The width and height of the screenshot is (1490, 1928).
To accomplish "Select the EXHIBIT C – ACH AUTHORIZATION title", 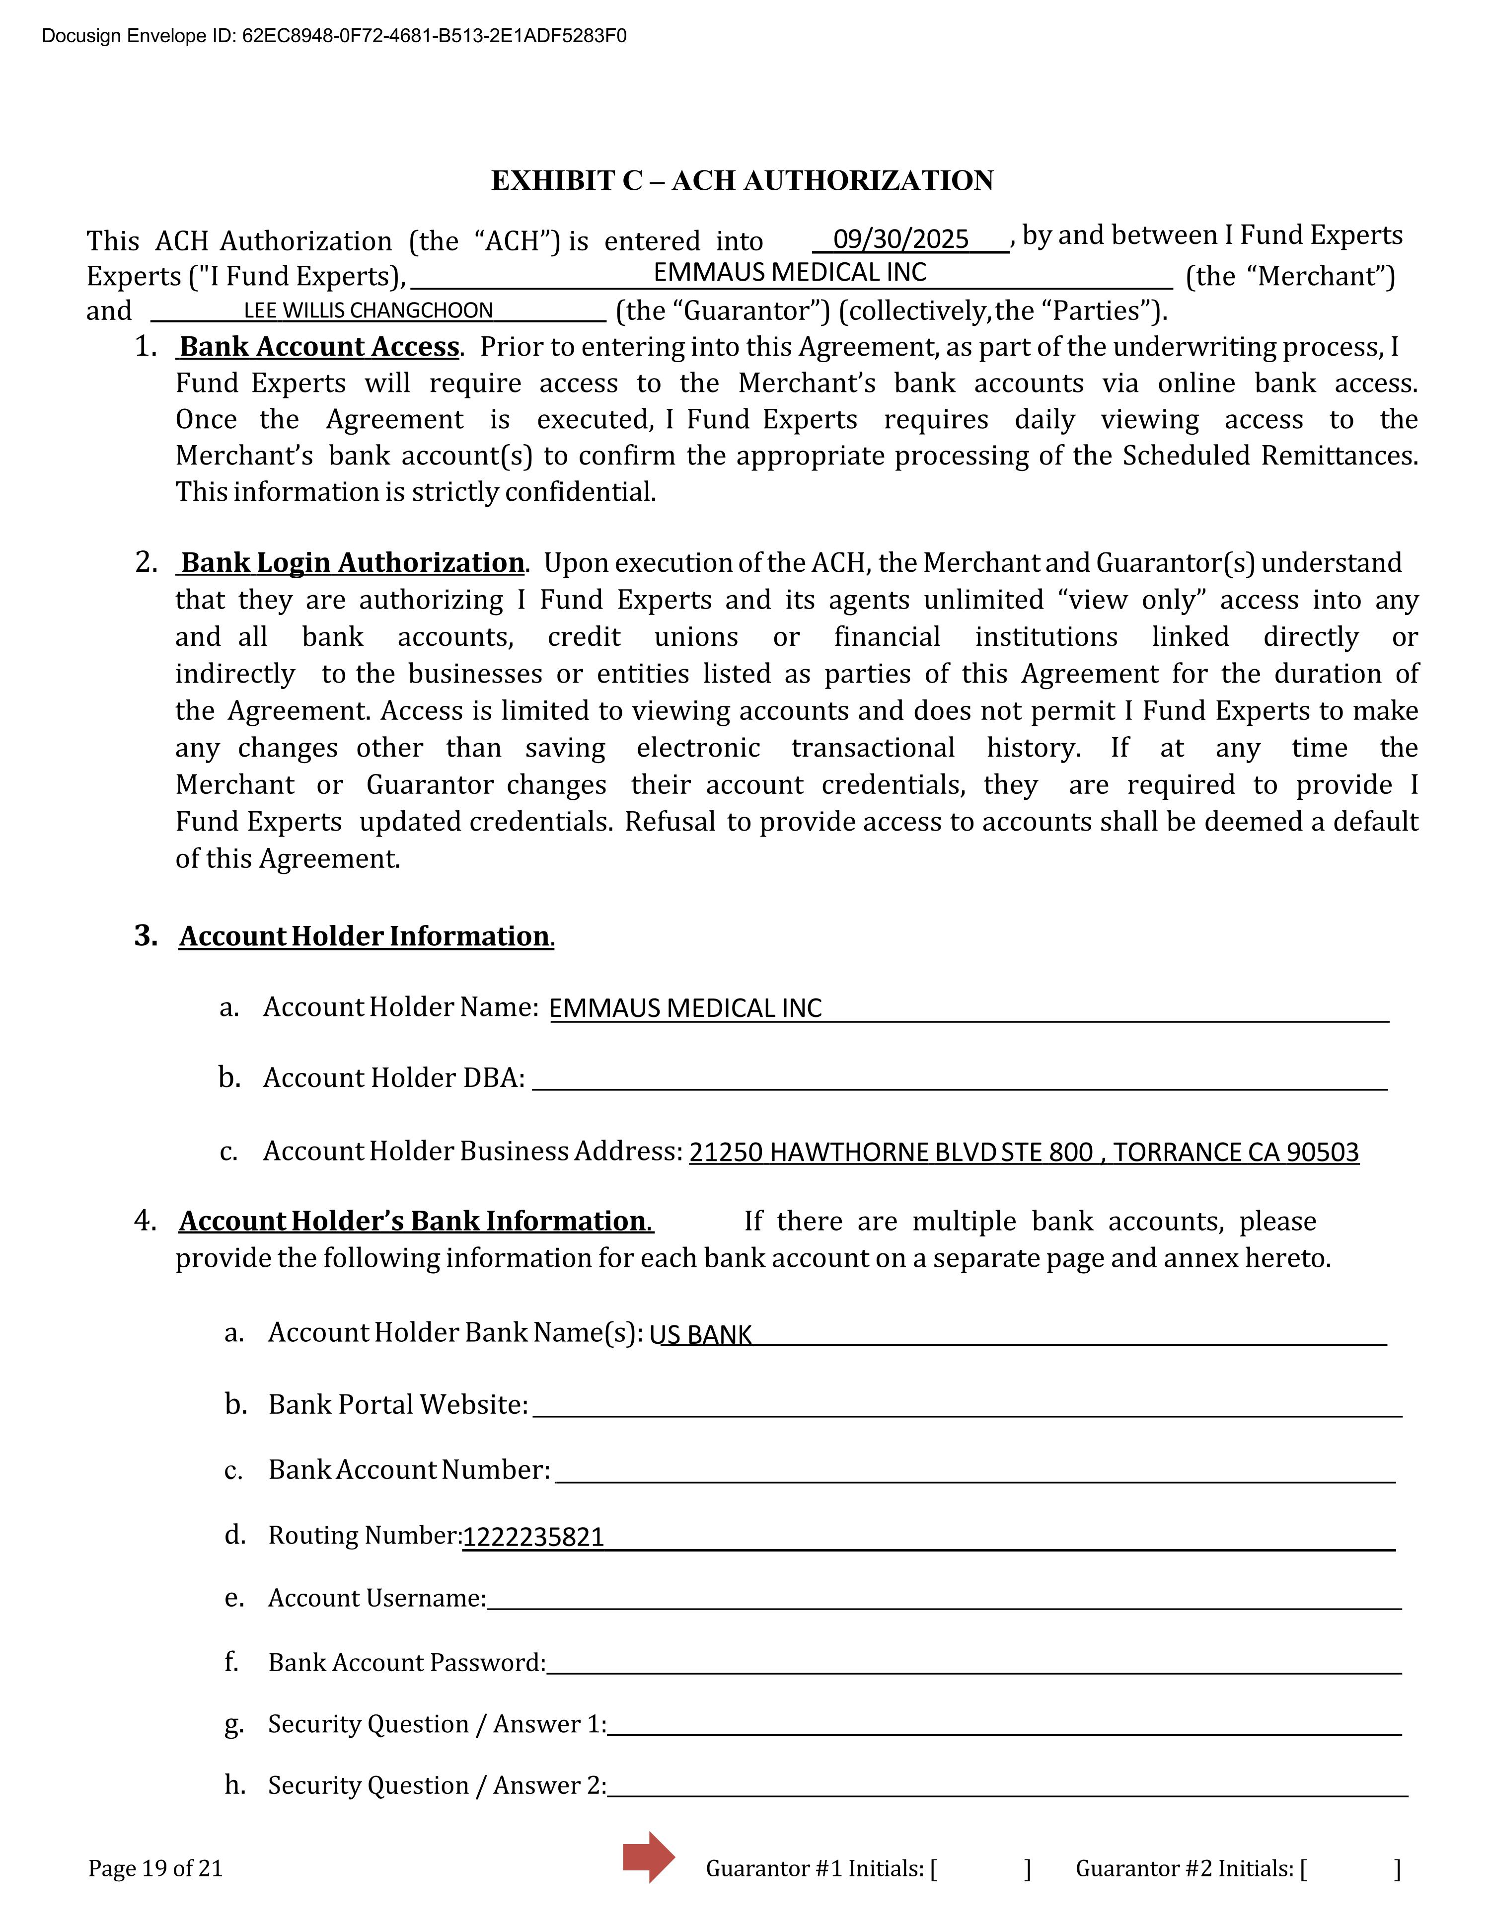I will tap(743, 180).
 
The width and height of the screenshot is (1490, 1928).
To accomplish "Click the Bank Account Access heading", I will tap(319, 347).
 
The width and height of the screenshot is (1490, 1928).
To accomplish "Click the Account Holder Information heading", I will tap(366, 936).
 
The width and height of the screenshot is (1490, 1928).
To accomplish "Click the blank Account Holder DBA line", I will tap(960, 1079).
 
